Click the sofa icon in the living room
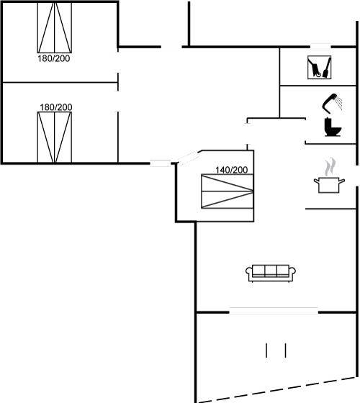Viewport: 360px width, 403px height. [271, 273]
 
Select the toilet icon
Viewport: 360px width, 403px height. [333, 127]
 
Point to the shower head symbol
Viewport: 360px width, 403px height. [332, 103]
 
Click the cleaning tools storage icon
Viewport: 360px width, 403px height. [320, 68]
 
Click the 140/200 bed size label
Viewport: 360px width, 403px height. [231, 170]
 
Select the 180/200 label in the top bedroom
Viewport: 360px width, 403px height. [54, 58]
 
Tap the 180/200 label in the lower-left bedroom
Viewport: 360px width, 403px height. [56, 107]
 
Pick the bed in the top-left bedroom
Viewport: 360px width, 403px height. [55, 27]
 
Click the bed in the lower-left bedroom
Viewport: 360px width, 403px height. [55, 137]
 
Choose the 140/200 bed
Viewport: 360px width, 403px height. [228, 191]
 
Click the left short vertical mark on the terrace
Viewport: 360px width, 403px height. [266, 350]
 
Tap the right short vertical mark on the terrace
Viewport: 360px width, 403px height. [285, 350]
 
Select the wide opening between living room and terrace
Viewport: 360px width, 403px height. [274, 311]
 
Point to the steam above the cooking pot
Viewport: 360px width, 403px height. [330, 166]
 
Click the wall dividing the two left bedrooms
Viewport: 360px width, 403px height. [60, 83]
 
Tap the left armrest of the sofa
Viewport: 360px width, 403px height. [249, 273]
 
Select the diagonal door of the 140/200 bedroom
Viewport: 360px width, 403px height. [188, 158]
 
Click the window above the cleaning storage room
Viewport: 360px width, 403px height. [320, 47]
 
